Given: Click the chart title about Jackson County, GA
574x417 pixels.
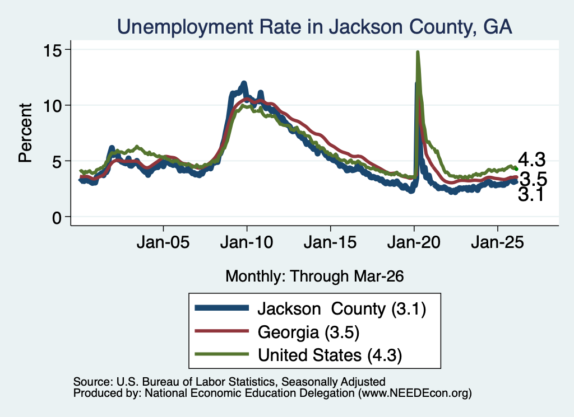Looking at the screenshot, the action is (x=314, y=27).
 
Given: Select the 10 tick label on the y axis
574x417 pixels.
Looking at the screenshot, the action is (x=52, y=106).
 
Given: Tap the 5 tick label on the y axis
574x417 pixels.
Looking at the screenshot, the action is (x=57, y=162).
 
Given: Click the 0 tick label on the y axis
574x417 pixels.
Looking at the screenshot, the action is (x=57, y=217).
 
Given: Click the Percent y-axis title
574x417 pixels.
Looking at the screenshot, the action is (x=25, y=133).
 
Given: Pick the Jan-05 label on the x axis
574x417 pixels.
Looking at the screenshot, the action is (x=163, y=242).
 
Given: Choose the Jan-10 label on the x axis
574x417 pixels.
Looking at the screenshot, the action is (x=247, y=242).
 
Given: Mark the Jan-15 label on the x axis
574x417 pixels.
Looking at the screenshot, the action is (x=330, y=242).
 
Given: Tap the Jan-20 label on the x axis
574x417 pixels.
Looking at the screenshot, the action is (x=414, y=242).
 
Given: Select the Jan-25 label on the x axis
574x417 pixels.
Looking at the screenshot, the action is (x=498, y=242).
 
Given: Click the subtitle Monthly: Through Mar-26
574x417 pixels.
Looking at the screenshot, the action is (x=314, y=276).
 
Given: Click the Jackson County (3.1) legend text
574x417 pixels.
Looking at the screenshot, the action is (x=342, y=309).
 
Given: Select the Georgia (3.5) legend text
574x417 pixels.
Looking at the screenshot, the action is (x=309, y=332).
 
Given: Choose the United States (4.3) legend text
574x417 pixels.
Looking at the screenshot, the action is (x=330, y=355).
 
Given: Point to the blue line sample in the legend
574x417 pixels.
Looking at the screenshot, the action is (x=222, y=308).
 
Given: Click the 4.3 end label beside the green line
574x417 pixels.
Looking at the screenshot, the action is (x=531, y=160).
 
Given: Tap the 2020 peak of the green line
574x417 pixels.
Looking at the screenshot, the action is (x=418, y=52).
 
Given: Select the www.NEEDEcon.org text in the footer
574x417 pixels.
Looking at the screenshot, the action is (x=415, y=393).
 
